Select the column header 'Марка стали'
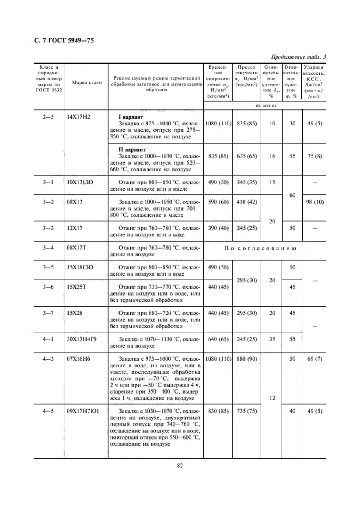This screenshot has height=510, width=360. [x=87, y=82]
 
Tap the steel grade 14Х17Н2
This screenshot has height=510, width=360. [x=78, y=117]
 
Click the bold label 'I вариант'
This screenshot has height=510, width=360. [x=131, y=117]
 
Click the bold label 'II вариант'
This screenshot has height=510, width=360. [x=132, y=150]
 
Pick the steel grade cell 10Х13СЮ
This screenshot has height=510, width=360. [x=80, y=182]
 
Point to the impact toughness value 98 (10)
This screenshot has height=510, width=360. [x=315, y=202]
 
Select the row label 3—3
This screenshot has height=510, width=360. [x=48, y=228]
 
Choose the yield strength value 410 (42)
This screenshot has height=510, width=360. [x=247, y=202]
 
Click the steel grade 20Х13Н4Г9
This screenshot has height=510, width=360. [x=81, y=339]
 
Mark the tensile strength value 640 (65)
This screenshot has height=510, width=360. [x=218, y=339]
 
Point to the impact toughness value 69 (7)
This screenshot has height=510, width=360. [x=315, y=359]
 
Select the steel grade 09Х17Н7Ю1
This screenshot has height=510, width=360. [x=83, y=411]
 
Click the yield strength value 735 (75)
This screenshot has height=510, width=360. [x=247, y=411]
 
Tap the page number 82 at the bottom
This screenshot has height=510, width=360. [x=180, y=466]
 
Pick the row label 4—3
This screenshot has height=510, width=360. [x=48, y=359]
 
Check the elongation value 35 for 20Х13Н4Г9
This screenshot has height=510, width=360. [x=272, y=339]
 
